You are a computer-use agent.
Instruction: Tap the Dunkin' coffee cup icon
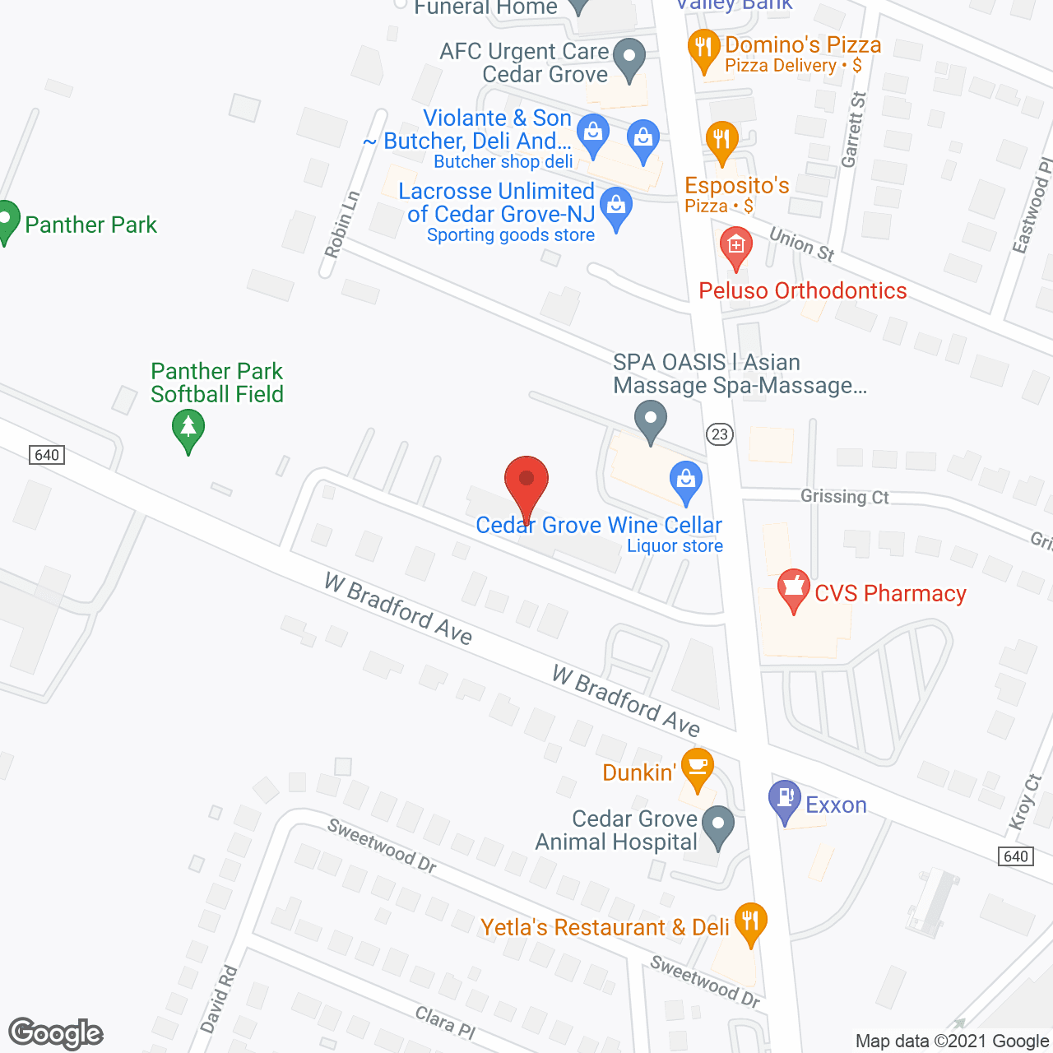698,768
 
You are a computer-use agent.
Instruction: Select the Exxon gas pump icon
785,800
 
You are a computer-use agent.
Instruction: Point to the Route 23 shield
720,434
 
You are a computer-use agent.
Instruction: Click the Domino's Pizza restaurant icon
703,49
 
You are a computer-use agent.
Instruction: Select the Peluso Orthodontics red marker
735,247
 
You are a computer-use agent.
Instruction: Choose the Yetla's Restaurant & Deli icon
749,922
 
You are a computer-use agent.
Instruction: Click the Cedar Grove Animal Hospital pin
719,826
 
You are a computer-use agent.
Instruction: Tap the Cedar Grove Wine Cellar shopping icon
685,482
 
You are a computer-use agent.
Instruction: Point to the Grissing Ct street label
845,496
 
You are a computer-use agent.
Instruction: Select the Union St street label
802,244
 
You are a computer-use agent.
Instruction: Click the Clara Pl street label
445,1021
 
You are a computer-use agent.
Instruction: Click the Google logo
56,1033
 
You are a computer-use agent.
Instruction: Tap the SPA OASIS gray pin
651,420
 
